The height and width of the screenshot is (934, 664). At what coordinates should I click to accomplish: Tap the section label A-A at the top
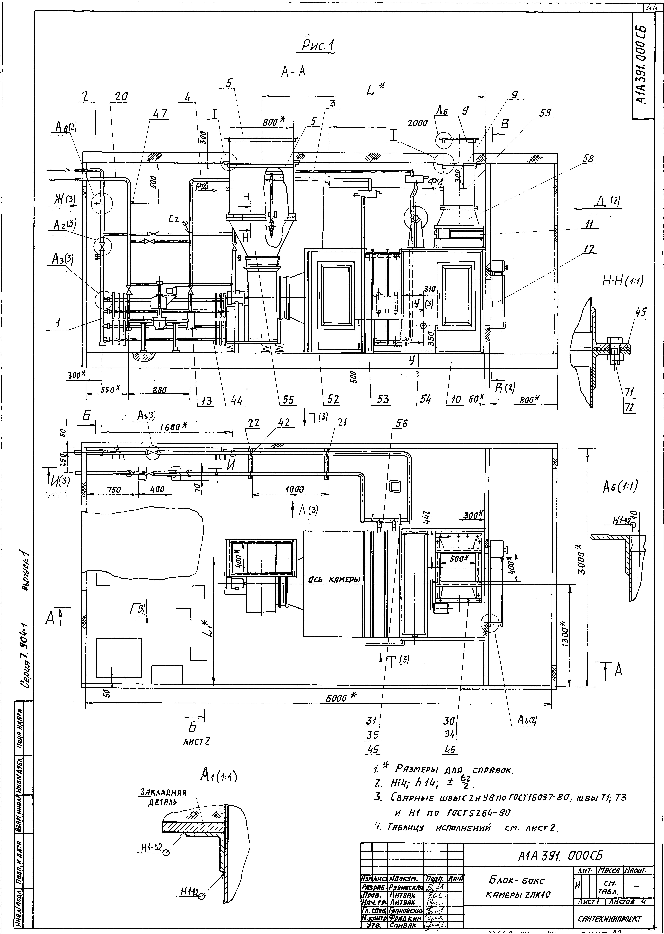click(x=293, y=72)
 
